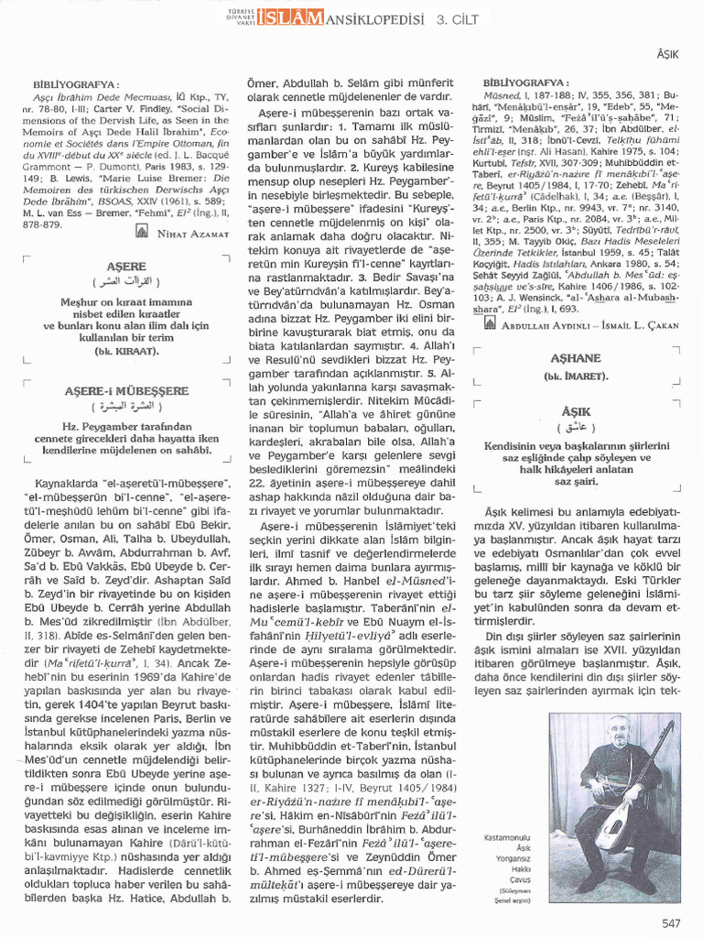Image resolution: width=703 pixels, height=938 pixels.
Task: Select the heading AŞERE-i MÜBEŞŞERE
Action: tap(125, 390)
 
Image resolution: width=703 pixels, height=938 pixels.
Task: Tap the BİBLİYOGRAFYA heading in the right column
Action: tap(525, 82)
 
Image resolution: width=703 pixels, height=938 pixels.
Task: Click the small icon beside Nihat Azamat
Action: tap(140, 233)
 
